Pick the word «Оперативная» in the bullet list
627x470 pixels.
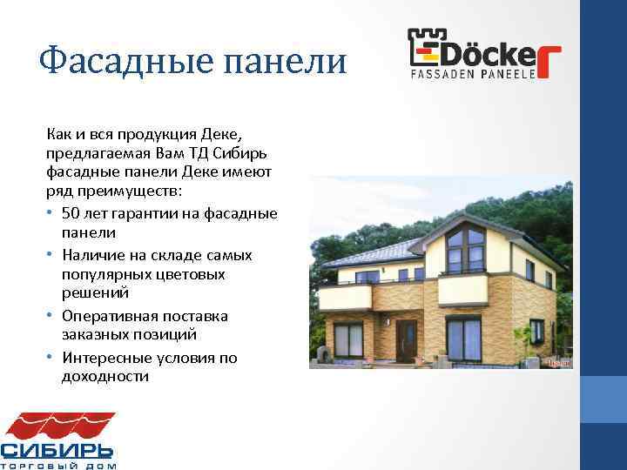[x=108, y=316]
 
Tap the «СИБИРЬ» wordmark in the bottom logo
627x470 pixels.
[x=57, y=450]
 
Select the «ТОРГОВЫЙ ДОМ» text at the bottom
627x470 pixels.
[x=57, y=466]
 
